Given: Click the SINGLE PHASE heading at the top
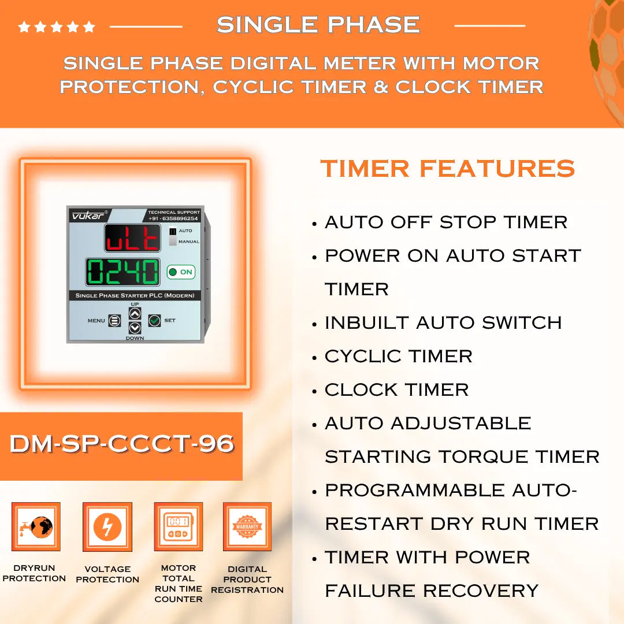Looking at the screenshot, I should click(318, 25).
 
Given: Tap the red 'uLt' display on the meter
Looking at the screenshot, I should click(132, 238).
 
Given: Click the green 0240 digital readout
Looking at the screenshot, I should click(122, 272).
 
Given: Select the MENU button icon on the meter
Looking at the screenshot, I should click(114, 320).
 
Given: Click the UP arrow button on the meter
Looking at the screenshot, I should click(135, 313).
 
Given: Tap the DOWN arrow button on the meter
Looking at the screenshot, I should click(135, 328).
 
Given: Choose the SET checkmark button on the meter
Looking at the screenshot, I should click(154, 320).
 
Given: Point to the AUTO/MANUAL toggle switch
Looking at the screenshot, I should click(173, 236).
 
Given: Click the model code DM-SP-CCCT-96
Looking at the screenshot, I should click(121, 444).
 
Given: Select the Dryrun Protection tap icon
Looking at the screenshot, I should click(36, 526).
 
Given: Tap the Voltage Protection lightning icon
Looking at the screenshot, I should click(107, 527).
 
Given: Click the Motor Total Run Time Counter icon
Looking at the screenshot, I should click(178, 526).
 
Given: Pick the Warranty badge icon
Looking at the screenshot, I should click(247, 526).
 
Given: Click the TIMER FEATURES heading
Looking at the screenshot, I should click(448, 169).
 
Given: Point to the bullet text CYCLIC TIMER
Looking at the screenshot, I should click(399, 356).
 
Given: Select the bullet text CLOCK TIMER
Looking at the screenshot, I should click(396, 389).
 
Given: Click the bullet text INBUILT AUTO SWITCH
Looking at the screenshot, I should click(443, 322).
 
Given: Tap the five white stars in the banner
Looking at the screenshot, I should click(57, 27).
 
